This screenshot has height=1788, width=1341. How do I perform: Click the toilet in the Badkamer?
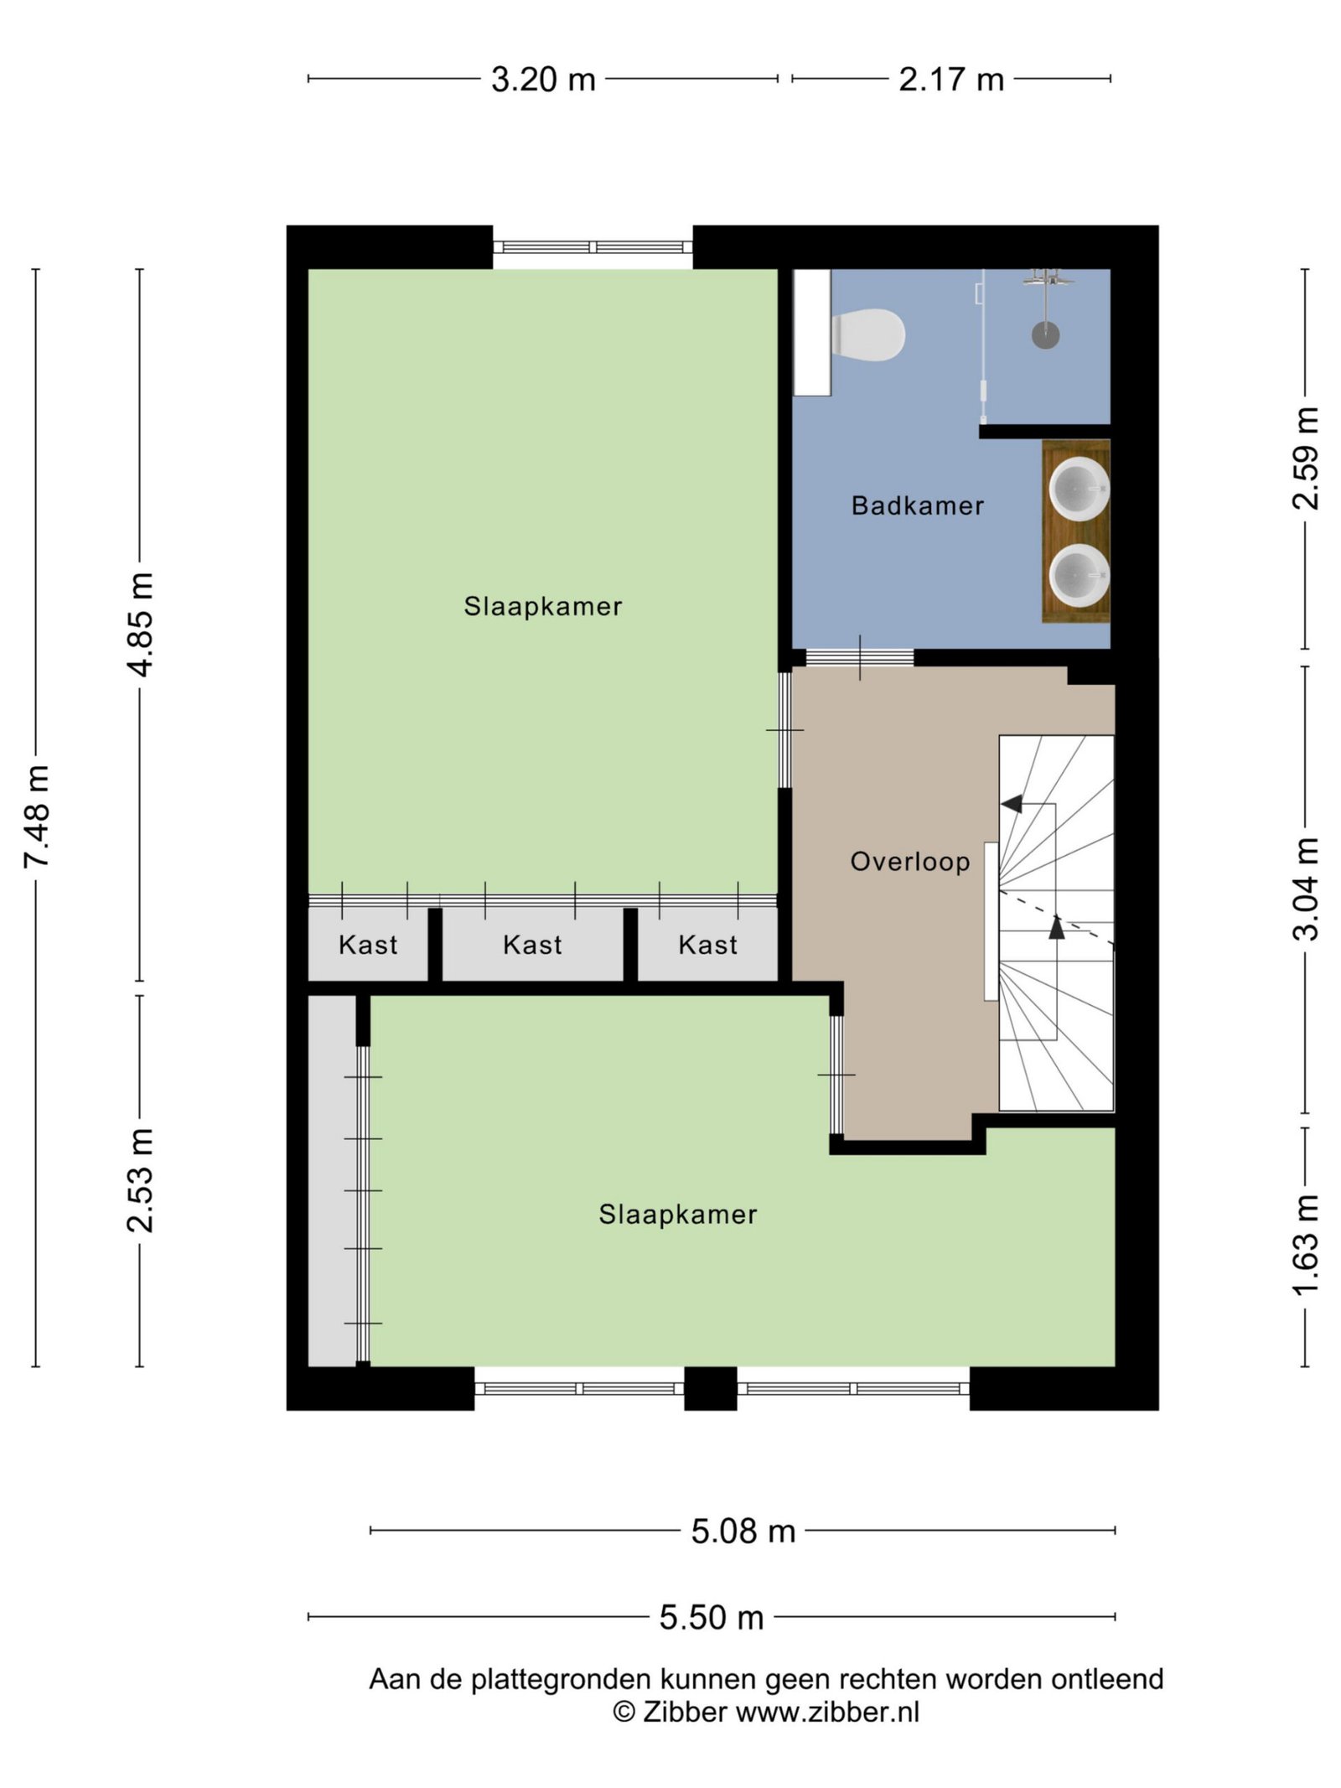868,335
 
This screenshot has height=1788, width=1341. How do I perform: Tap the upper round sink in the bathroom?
1080,489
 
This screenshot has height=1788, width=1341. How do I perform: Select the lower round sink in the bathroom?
1080,575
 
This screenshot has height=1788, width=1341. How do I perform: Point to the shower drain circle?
1045,335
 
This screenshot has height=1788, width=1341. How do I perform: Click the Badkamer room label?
918,505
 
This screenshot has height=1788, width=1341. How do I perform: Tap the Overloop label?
910,861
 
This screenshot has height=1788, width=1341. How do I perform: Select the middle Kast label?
532,945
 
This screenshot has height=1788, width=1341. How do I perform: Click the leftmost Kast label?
368,945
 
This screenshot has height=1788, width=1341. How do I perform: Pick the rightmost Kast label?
708,945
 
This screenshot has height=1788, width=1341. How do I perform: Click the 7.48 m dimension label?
38,817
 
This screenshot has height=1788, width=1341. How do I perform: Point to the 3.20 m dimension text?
543,80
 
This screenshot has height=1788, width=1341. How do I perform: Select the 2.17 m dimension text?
951,80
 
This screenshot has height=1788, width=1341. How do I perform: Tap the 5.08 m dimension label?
743,1531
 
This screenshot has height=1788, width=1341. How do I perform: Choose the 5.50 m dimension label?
712,1617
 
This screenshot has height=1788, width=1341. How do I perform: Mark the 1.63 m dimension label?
1306,1246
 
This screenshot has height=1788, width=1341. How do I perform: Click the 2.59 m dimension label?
1306,458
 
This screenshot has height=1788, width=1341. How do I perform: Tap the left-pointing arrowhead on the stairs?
1011,804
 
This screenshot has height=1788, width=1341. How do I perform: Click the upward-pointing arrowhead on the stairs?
1057,926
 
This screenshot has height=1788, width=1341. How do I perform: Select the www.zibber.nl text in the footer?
827,1712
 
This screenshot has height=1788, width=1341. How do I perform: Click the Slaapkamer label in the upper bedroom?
543,606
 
